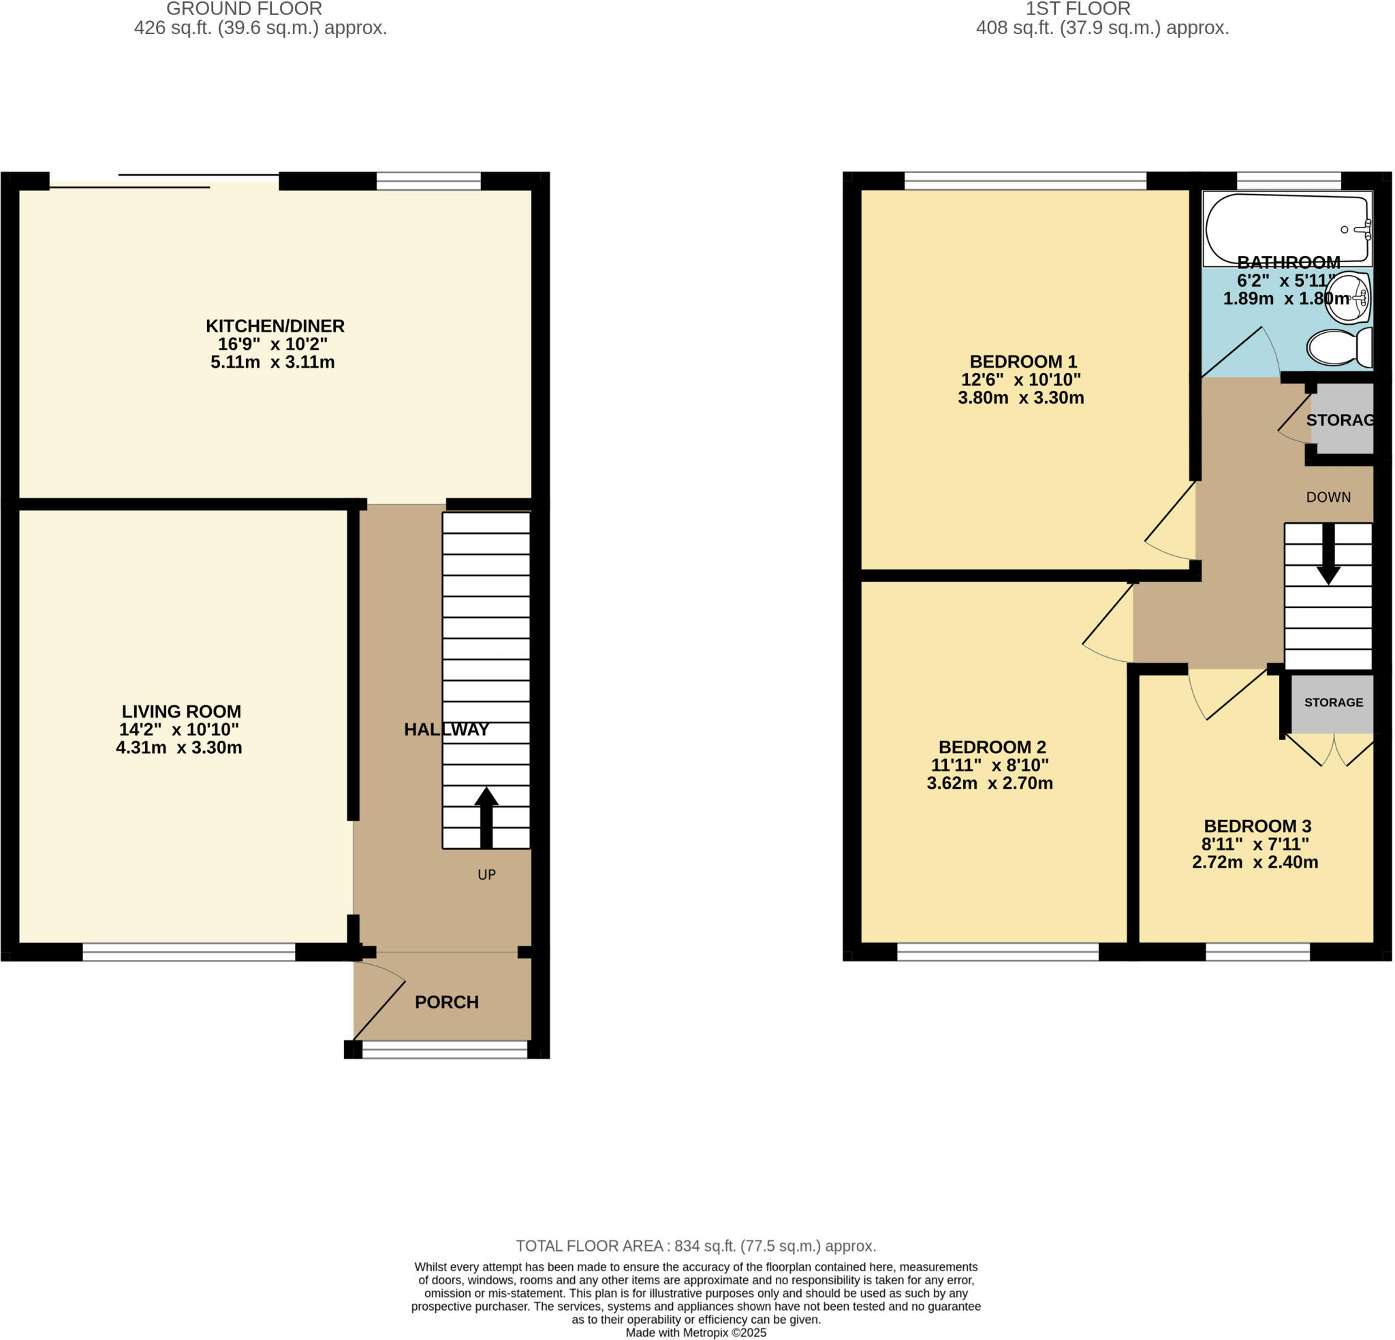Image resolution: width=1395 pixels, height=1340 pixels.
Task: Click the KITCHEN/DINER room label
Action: pos(275,326)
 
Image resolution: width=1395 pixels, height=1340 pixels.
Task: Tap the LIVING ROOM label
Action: pos(181,712)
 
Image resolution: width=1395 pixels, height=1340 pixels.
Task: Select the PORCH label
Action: pos(446,1002)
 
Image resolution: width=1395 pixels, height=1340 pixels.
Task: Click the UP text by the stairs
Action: pos(486,874)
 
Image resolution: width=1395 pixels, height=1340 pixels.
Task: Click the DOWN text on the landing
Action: pos(1328,497)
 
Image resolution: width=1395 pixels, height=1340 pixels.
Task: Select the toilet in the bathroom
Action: pos(1338,347)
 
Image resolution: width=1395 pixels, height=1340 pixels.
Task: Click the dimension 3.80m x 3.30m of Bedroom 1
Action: pos(1020,398)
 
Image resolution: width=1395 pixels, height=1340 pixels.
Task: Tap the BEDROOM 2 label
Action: pos(992,747)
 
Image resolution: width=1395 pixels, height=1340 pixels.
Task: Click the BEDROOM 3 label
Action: pos(1257,826)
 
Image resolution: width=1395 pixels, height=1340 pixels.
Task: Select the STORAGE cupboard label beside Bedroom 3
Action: pos(1333,703)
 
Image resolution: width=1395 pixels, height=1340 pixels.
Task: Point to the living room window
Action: pos(189,951)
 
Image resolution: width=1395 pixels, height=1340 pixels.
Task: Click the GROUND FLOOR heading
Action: pos(244,10)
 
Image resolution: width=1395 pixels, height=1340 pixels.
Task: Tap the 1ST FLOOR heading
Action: pos(1078,10)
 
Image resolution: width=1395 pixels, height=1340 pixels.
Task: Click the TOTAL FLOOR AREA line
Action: pos(695,1246)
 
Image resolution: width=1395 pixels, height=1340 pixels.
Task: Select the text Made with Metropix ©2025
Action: pos(695,1333)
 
